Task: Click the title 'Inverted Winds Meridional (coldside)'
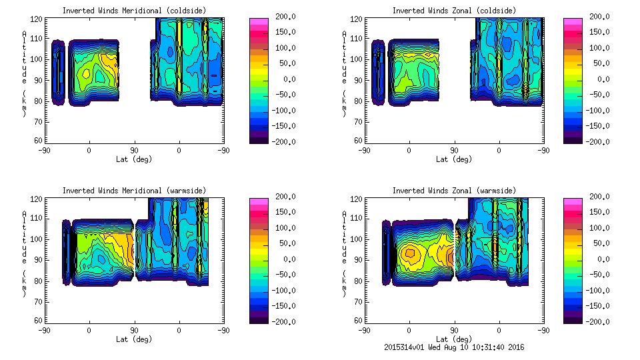[x=134, y=11]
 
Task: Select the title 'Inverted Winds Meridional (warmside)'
[x=134, y=191]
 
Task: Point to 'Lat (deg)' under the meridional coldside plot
[x=134, y=159]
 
